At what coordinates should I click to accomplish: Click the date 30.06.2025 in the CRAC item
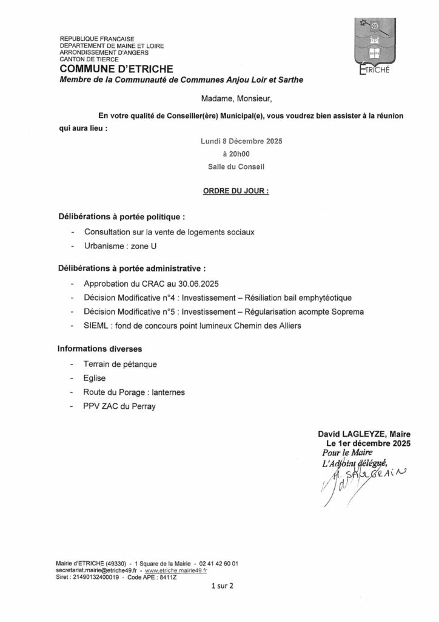click(x=198, y=284)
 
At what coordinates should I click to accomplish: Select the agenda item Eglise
click(x=95, y=378)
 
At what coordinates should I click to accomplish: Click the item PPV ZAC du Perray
click(x=120, y=406)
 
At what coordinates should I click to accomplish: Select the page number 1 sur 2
click(x=222, y=587)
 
